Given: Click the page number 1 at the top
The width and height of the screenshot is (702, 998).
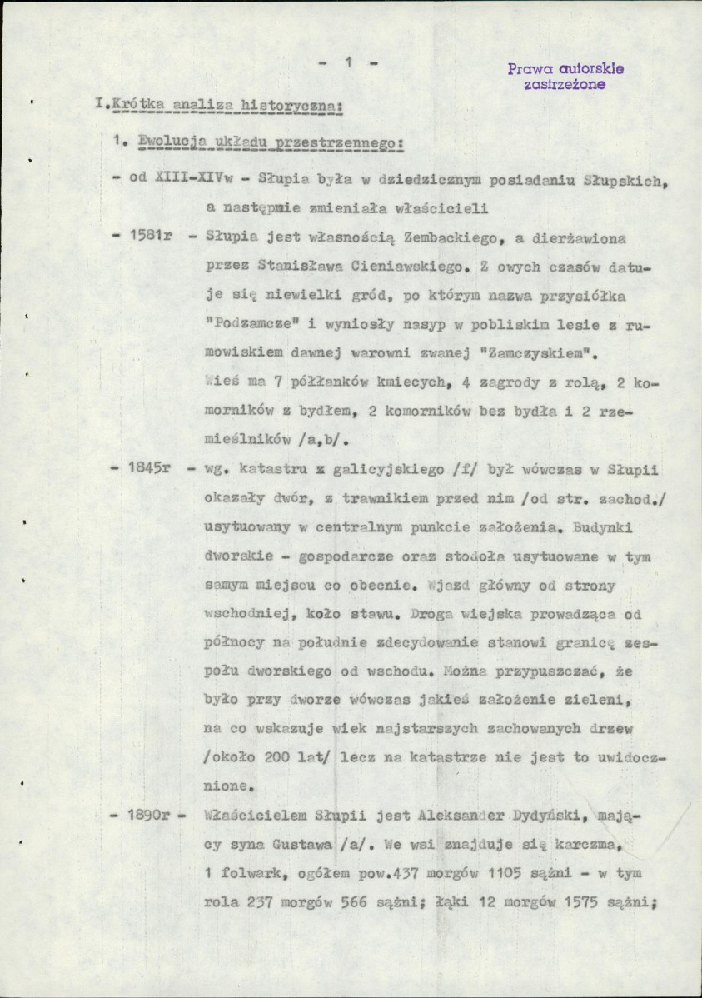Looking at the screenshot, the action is click(x=351, y=62).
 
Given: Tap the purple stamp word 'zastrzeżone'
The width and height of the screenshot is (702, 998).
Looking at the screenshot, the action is click(x=565, y=83).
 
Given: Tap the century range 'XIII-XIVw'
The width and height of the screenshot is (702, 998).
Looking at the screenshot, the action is click(x=188, y=177).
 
